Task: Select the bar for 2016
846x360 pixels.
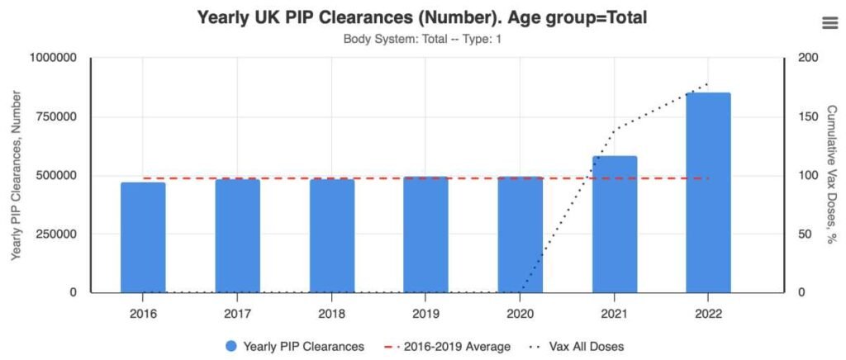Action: point(143,237)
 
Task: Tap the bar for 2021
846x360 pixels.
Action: point(614,224)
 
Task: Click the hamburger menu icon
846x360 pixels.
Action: point(829,23)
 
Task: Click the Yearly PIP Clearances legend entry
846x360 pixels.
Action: point(294,347)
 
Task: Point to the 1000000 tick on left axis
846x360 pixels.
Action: point(53,58)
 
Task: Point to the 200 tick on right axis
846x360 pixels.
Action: point(808,58)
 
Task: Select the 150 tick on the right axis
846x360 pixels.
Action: point(808,116)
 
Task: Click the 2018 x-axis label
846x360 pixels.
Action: point(331,314)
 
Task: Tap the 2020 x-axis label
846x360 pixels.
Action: point(520,314)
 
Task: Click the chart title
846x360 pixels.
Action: point(422,17)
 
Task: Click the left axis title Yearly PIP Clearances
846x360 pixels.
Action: point(17,175)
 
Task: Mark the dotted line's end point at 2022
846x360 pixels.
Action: point(708,84)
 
